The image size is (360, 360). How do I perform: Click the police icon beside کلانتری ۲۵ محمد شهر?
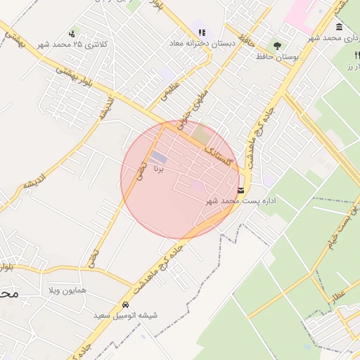tap(72, 33)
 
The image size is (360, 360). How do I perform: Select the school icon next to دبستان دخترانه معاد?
tap(202, 32)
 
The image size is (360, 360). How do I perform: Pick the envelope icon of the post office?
tap(241, 191)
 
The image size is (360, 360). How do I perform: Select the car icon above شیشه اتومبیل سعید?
tap(125, 305)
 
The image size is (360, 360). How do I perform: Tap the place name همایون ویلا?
tap(67, 290)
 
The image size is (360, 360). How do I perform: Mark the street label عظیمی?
tap(172, 91)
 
